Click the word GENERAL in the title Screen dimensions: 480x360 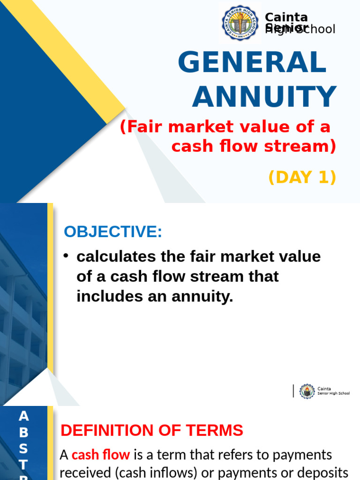(x=252, y=62)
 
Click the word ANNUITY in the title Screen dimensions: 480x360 (x=264, y=97)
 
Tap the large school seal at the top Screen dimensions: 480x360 (x=240, y=23)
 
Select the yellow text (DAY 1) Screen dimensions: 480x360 (x=302, y=177)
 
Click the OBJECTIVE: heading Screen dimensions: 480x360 (x=113, y=232)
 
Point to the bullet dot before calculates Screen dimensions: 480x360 (x=67, y=255)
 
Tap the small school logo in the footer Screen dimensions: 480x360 (x=307, y=391)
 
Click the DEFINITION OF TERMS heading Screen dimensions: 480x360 (x=152, y=430)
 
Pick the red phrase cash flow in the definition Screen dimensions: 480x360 (x=101, y=454)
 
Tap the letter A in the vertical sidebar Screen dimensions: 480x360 (x=24, y=416)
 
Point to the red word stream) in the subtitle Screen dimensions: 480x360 (x=305, y=146)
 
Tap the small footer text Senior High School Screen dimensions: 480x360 (x=333, y=393)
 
